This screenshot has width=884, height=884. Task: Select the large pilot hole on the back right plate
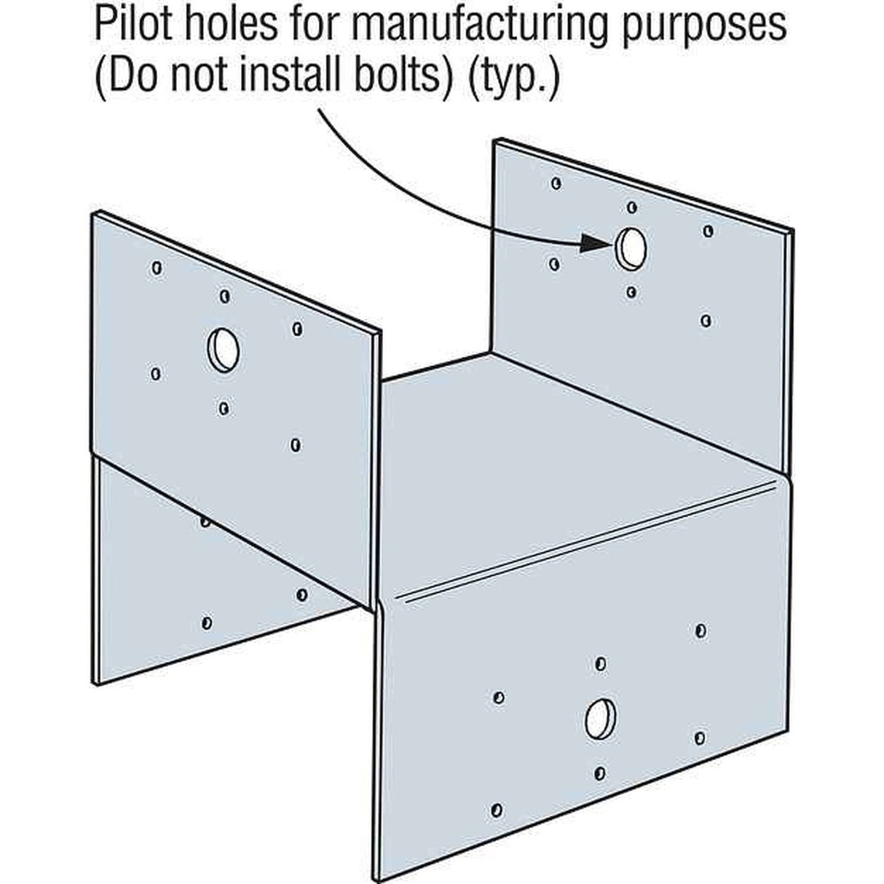click(x=631, y=247)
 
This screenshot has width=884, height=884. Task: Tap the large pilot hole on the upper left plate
click(x=223, y=349)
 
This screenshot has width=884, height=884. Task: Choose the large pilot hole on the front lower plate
click(x=601, y=718)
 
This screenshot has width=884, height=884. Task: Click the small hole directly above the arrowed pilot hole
click(x=631, y=208)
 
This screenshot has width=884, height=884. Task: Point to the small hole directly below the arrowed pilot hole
click(x=631, y=292)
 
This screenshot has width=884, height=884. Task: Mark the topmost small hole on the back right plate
click(x=556, y=183)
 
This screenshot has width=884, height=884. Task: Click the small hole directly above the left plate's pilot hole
click(x=225, y=296)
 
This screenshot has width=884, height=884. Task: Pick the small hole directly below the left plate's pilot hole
click(x=224, y=408)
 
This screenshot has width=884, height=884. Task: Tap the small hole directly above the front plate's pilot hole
click(x=601, y=663)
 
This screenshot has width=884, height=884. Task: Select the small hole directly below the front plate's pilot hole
click(x=600, y=772)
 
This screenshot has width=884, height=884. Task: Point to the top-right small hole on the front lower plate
click(x=701, y=631)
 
